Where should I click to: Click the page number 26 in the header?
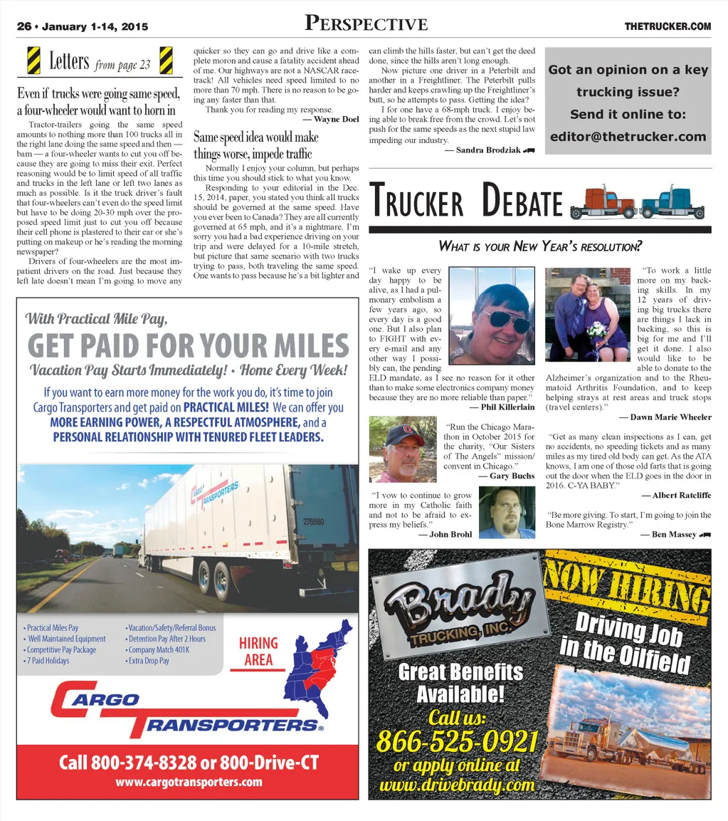pyautogui.click(x=24, y=27)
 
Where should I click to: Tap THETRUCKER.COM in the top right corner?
pyautogui.click(x=668, y=27)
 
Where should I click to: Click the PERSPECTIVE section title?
pyautogui.click(x=366, y=24)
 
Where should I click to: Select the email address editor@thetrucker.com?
pyautogui.click(x=628, y=137)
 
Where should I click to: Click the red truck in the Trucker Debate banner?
pyautogui.click(x=602, y=203)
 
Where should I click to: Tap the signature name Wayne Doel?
pyautogui.click(x=335, y=120)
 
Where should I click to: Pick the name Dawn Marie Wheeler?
pyautogui.click(x=665, y=417)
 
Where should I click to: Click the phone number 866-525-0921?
pyautogui.click(x=456, y=742)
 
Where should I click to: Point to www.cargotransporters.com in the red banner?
pyautogui.click(x=189, y=782)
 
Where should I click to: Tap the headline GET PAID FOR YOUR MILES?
pyautogui.click(x=189, y=346)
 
